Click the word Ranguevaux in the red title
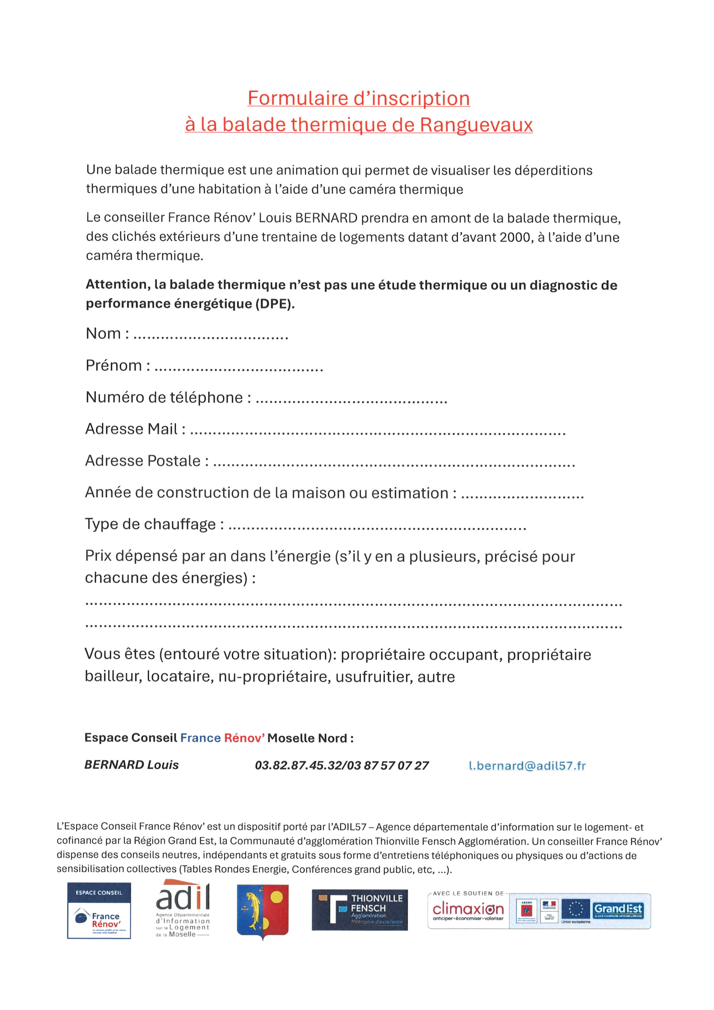(x=476, y=125)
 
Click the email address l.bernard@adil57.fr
(x=527, y=766)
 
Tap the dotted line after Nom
(x=210, y=337)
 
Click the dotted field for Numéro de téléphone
(x=351, y=401)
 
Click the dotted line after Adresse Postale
(x=394, y=465)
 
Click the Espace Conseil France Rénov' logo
(x=99, y=911)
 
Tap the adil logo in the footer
(x=183, y=909)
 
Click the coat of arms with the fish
(x=263, y=911)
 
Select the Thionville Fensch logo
(x=360, y=910)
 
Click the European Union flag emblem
(x=576, y=909)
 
